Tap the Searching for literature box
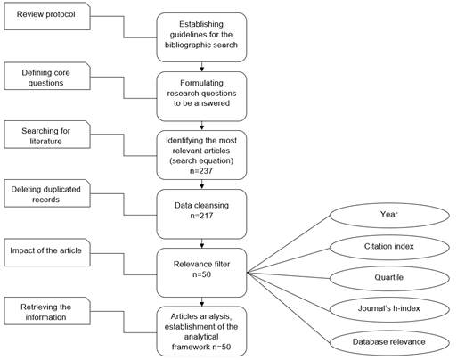point(45,136)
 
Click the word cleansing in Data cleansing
point(213,204)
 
